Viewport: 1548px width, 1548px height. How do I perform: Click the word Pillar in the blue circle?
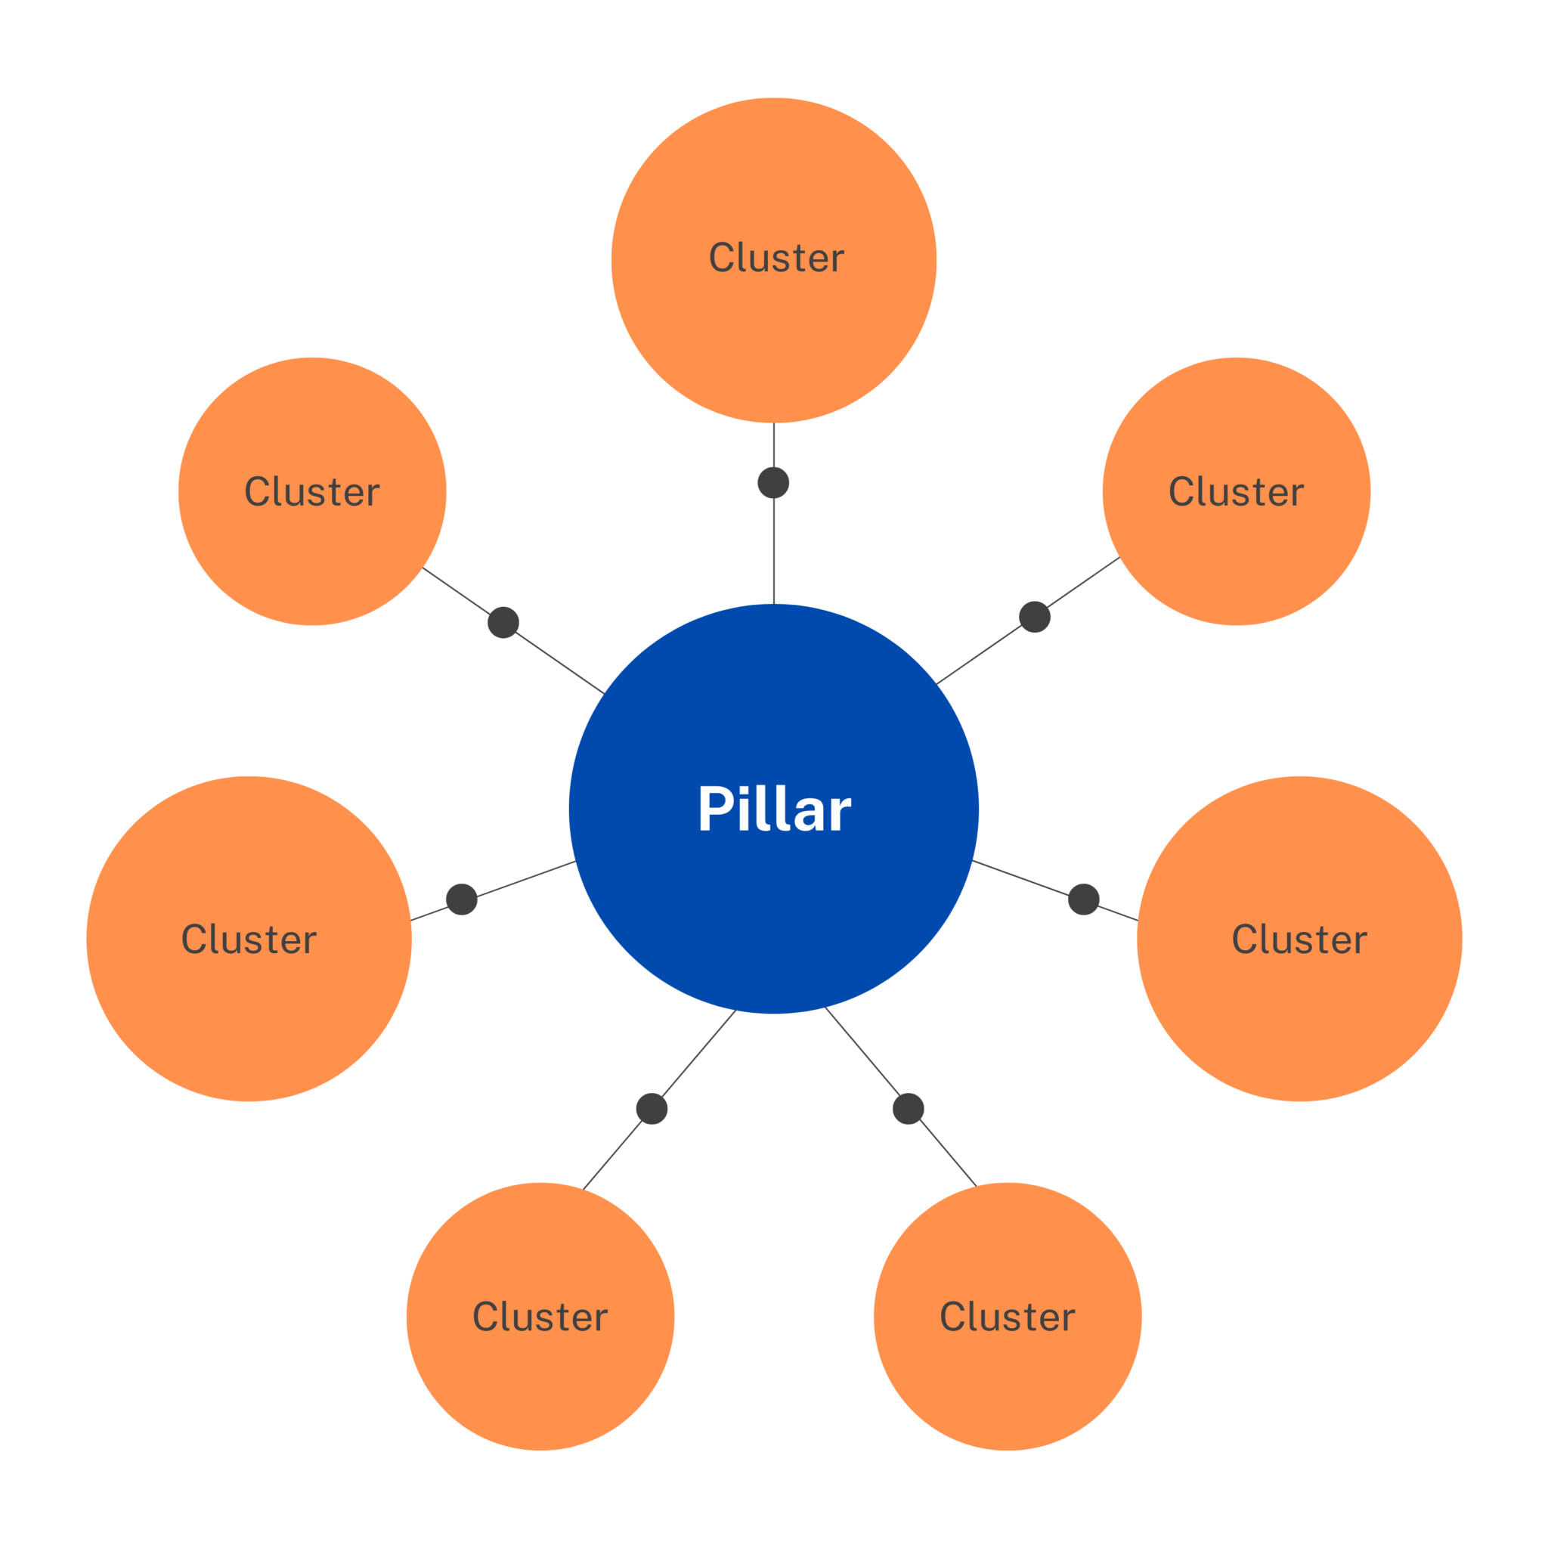tap(774, 810)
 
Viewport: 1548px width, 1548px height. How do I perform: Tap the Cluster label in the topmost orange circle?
tap(776, 258)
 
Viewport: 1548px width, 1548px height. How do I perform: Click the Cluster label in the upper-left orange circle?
tap(311, 492)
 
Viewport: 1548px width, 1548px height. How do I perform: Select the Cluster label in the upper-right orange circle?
tap(1236, 492)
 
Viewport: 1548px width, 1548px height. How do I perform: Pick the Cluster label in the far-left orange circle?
tap(249, 939)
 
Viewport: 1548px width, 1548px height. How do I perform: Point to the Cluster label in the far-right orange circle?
tap(1299, 939)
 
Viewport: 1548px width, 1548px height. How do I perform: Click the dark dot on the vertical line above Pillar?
tap(773, 482)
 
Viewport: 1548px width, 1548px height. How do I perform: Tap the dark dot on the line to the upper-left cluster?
tap(503, 623)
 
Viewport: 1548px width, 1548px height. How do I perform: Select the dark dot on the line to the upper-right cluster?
tap(1035, 617)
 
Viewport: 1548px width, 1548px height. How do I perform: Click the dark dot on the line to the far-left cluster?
tap(462, 899)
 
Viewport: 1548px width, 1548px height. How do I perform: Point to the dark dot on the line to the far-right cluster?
tap(1083, 899)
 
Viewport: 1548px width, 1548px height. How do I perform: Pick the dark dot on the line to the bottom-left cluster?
tap(652, 1109)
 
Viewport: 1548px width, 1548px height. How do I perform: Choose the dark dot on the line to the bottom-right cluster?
tap(908, 1109)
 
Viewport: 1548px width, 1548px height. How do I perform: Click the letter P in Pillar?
tap(716, 810)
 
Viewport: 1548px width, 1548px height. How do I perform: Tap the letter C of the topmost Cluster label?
tap(722, 258)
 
